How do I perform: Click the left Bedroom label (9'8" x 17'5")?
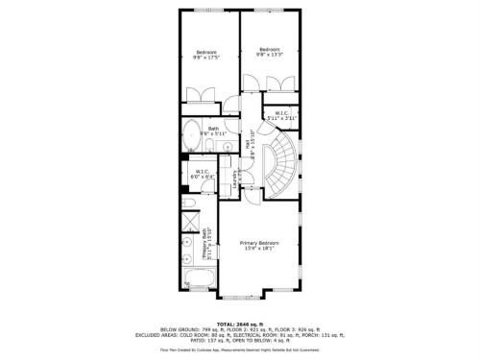(x=206, y=55)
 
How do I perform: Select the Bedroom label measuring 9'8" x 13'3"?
(x=269, y=52)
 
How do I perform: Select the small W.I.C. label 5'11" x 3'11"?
(x=281, y=115)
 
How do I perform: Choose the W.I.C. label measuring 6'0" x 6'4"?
(x=203, y=174)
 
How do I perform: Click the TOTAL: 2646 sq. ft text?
(x=240, y=325)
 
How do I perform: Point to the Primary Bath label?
(x=208, y=249)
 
